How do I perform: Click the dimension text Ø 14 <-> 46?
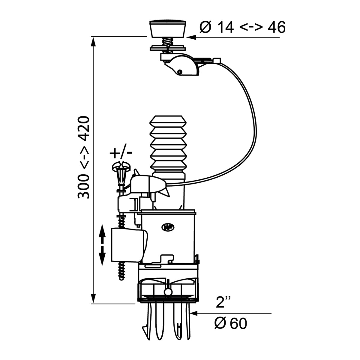[242, 28]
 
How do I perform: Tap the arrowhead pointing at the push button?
[191, 37]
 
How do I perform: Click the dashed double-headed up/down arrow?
[102, 245]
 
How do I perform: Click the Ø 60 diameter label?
[230, 323]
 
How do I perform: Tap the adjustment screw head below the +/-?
[120, 166]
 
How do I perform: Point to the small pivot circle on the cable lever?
[179, 72]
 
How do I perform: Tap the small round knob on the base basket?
[168, 292]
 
